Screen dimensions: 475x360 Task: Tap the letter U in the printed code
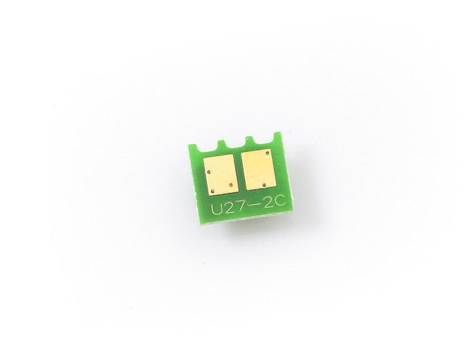click(x=217, y=209)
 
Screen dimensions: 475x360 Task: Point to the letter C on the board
click(x=280, y=201)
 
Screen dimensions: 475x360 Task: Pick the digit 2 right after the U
click(x=229, y=208)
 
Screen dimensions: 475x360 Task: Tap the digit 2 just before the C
click(x=269, y=203)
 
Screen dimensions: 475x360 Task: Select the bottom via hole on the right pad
click(x=264, y=185)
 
